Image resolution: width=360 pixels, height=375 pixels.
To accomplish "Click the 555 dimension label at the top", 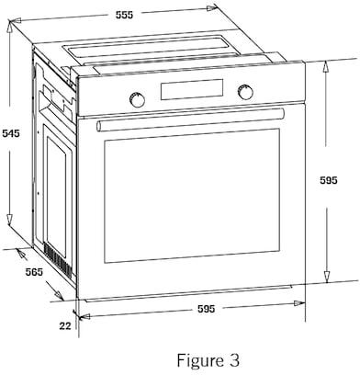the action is [125, 15].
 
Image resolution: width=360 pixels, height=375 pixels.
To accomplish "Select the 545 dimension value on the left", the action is [11, 133].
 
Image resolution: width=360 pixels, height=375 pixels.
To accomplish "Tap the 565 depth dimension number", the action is [34, 272].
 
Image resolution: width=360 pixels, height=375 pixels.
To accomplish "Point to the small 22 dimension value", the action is [65, 326].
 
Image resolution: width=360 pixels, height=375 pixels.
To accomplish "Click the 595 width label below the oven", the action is [206, 309].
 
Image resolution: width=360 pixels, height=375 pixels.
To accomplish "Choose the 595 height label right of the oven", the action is [329, 180].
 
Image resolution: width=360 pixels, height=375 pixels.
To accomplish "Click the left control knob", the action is [137, 99].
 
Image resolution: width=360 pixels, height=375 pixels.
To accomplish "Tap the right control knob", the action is [245, 92].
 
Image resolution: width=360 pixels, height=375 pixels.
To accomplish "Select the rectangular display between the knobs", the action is [192, 89].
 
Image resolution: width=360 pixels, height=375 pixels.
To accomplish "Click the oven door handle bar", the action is [190, 119].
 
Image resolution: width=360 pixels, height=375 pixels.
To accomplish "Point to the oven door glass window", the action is [192, 196].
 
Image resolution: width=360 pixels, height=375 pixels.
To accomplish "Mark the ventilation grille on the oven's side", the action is [58, 259].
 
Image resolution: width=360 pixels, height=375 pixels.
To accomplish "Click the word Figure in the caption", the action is [198, 360].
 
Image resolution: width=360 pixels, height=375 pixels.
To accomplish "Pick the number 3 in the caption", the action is [234, 360].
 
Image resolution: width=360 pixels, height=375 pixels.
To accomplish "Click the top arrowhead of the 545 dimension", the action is [10, 28].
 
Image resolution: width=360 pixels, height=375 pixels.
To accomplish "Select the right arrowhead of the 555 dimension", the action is [212, 8].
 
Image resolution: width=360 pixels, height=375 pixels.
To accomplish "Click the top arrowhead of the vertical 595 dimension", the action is [327, 66].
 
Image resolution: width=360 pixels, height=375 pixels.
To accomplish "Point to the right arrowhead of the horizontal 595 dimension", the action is [299, 303].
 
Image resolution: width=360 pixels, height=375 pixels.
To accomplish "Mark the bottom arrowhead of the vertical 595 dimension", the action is [327, 277].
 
